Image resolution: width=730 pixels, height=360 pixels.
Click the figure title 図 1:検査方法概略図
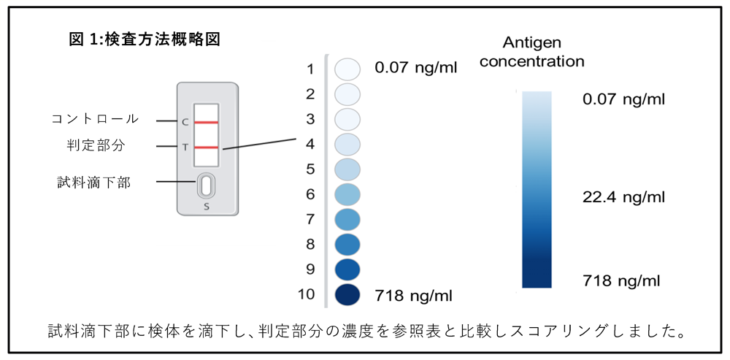click(x=145, y=39)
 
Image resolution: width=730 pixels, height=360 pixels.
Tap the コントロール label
click(x=95, y=119)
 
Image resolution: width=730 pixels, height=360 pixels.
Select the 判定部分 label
click(x=95, y=145)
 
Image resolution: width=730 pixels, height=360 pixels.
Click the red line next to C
click(x=207, y=122)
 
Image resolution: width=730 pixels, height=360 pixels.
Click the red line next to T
click(x=207, y=148)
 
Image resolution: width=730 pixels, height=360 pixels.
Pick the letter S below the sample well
click(x=207, y=206)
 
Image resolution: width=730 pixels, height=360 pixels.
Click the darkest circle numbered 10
click(x=348, y=294)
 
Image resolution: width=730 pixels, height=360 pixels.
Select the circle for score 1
click(x=348, y=69)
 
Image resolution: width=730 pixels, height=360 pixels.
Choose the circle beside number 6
click(x=348, y=194)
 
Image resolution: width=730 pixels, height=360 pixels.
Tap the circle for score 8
click(x=348, y=244)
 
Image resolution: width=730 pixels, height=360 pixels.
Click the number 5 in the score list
click(x=310, y=169)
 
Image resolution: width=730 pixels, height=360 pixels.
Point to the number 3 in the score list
click(x=310, y=118)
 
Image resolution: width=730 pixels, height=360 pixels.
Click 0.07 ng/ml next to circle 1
click(x=415, y=69)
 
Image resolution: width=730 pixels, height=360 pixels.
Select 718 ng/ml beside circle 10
click(x=413, y=295)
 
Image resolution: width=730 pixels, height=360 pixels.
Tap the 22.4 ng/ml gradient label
click(x=623, y=197)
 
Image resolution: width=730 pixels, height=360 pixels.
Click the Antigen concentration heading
click(x=531, y=52)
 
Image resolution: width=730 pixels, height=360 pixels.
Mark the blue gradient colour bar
click(x=537, y=188)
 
